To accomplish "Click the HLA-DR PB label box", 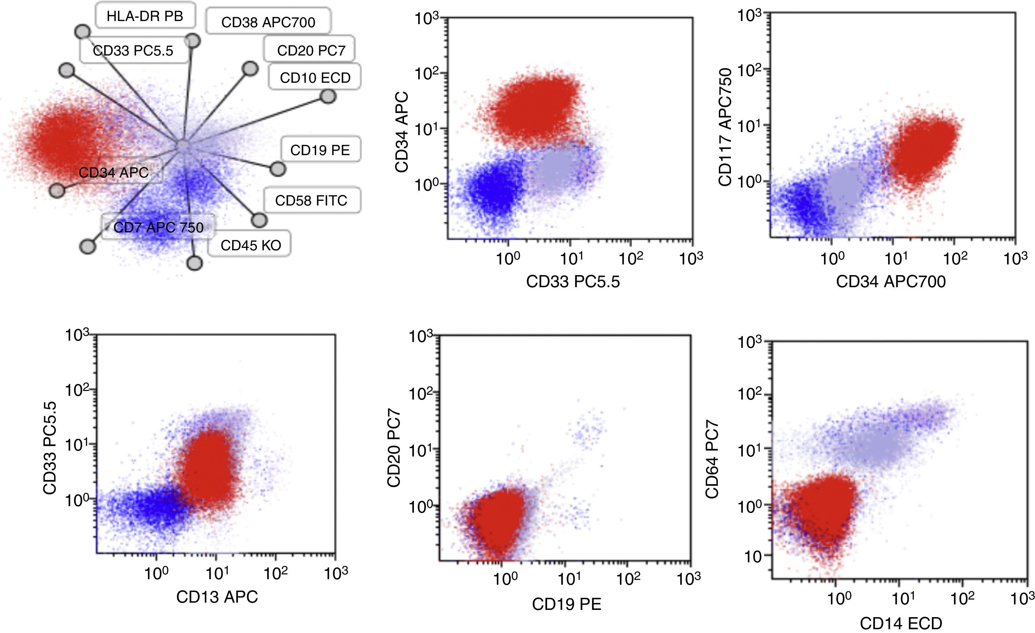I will (x=145, y=16).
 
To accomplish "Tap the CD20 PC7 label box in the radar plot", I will (x=311, y=50).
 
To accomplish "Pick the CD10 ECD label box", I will (x=315, y=78).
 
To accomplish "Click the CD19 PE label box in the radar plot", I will (x=320, y=150).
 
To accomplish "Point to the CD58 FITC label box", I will (x=311, y=200).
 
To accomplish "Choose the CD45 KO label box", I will (x=250, y=245).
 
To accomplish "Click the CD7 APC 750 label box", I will (x=158, y=227).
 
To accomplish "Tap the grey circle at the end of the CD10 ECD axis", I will (x=328, y=97).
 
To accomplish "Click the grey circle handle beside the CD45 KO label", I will (x=194, y=263).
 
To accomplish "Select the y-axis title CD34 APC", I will (x=402, y=132).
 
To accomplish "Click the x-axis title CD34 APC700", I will (x=891, y=281).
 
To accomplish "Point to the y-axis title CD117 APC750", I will (x=725, y=127).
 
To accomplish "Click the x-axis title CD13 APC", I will (x=217, y=597).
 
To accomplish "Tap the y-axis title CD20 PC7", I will (x=394, y=449).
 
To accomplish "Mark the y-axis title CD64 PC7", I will (x=712, y=460).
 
